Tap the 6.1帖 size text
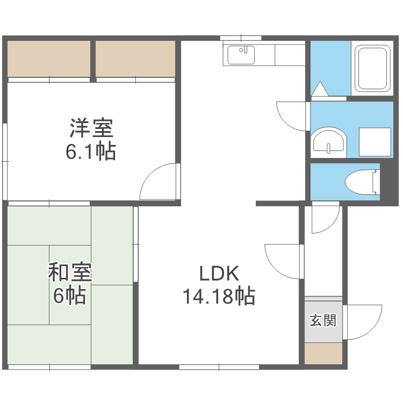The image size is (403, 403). [x=90, y=153]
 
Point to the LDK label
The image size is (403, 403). [x=219, y=274]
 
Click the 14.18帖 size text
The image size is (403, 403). [x=219, y=296]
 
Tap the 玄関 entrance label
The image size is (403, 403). [x=323, y=321]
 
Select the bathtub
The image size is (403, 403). [x=372, y=68]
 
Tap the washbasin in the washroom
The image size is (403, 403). [x=329, y=142]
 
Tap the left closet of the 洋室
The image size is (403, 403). [x=49, y=59]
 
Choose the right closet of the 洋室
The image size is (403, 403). [x=135, y=59]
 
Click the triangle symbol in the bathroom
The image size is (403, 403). [x=320, y=89]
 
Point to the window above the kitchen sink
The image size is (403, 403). [x=241, y=38]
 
